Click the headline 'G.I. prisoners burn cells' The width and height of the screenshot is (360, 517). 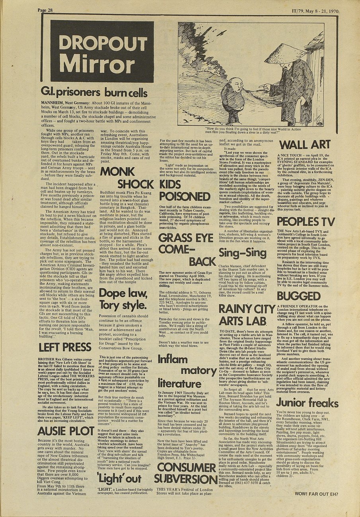tap(94, 93)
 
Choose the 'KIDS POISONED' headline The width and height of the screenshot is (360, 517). tap(185, 190)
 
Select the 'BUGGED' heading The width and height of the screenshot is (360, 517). tap(299, 296)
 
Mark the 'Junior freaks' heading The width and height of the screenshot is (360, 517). tap(307, 402)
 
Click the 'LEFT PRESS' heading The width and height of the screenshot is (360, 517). tap(65, 347)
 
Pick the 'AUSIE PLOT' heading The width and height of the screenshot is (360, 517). tap(66, 431)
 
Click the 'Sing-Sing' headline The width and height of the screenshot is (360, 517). tap(243, 253)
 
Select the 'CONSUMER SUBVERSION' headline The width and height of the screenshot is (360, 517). tap(185, 473)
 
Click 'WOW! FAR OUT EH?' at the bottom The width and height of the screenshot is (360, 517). tap(316, 494)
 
